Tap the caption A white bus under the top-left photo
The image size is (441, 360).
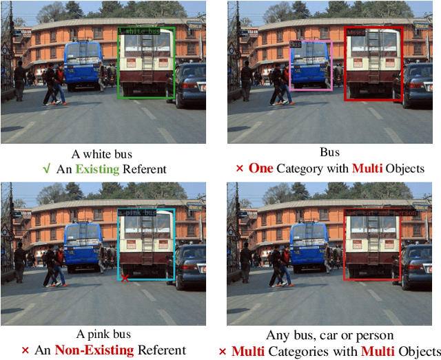pos(101,154)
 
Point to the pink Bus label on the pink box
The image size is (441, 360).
pos(296,43)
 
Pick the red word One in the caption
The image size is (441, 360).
pos(260,168)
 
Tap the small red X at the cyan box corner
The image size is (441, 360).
pos(124,277)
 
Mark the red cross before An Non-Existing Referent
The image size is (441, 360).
pos(25,350)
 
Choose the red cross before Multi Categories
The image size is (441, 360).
pos(222,350)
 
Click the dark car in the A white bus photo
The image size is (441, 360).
pos(191,84)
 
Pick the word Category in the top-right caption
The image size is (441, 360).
pos(303,168)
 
